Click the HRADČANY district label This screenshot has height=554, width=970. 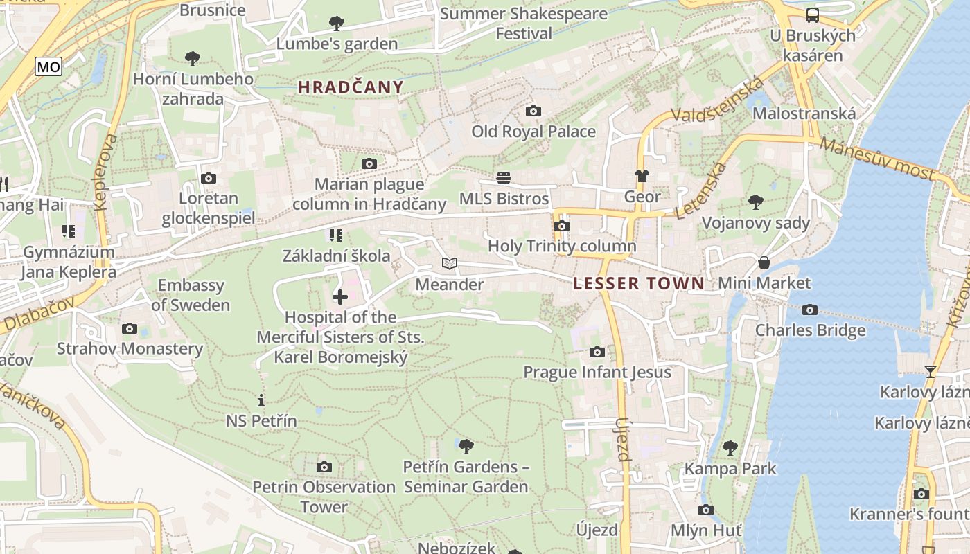tap(351, 87)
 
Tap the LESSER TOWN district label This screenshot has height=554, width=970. tap(639, 283)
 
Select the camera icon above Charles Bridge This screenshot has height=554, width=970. tap(809, 310)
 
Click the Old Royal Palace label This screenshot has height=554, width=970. tap(533, 132)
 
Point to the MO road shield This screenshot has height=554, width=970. tap(48, 66)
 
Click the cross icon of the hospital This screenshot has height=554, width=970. tap(340, 297)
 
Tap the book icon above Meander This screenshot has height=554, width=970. tap(450, 264)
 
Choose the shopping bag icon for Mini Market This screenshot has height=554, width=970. tap(764, 262)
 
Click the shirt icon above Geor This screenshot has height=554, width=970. tap(642, 176)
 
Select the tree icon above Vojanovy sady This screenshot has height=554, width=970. tap(755, 202)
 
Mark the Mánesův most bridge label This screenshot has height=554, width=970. tap(876, 158)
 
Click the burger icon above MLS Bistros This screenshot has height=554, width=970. tap(504, 178)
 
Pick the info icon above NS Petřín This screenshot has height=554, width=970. tap(261, 400)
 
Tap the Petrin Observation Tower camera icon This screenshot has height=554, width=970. tap(324, 467)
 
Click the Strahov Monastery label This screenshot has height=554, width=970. tap(130, 348)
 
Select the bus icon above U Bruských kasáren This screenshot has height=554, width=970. tap(812, 15)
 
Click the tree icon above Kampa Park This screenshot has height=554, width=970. tap(730, 447)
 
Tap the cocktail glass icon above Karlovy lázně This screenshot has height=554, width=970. tap(930, 372)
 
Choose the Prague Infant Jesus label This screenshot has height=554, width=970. tap(597, 373)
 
